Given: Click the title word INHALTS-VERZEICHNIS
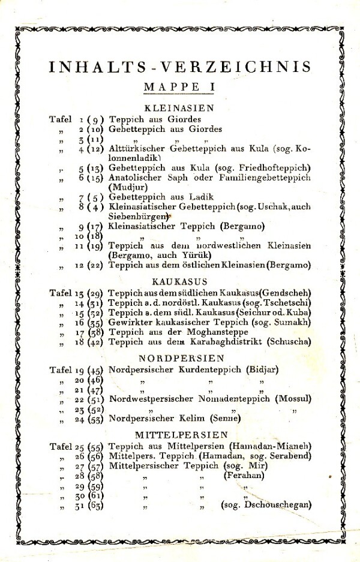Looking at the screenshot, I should click(179, 67).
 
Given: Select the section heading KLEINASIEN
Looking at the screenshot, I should click(179, 109).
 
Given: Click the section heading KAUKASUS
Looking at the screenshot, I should click(179, 281).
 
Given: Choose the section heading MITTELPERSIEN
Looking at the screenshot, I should click(181, 434).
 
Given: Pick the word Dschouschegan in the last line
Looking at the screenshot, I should click(278, 505).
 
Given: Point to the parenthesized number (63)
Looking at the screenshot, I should click(96, 506).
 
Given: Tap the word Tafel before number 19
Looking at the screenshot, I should click(60, 369).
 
